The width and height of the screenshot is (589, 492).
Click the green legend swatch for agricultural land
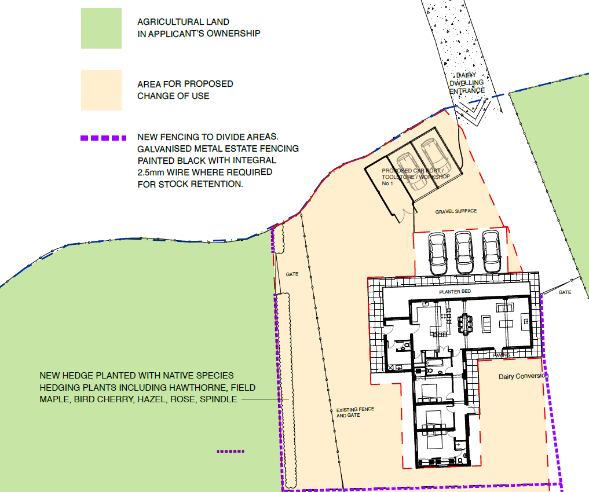pyautogui.click(x=101, y=28)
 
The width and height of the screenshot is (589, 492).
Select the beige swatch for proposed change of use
pyautogui.click(x=101, y=90)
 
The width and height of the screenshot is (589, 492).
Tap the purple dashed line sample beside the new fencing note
pyautogui.click(x=102, y=138)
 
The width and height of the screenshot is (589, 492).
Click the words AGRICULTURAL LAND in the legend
pyautogui.click(x=178, y=21)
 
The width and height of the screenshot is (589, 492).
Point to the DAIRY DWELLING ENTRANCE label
pyautogui.click(x=468, y=83)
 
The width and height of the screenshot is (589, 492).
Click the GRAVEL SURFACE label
pyautogui.click(x=456, y=211)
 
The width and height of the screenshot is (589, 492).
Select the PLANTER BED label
pyautogui.click(x=453, y=292)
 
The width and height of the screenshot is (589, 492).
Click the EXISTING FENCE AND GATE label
pyautogui.click(x=355, y=412)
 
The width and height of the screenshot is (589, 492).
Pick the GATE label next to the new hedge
pyautogui.click(x=292, y=274)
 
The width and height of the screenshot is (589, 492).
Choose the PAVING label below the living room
pyautogui.click(x=500, y=355)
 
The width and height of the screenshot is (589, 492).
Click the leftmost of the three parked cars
pyautogui.click(x=437, y=252)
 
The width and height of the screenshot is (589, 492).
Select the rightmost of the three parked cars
pyautogui.click(x=491, y=252)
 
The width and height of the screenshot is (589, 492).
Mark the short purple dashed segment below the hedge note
pyautogui.click(x=231, y=451)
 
